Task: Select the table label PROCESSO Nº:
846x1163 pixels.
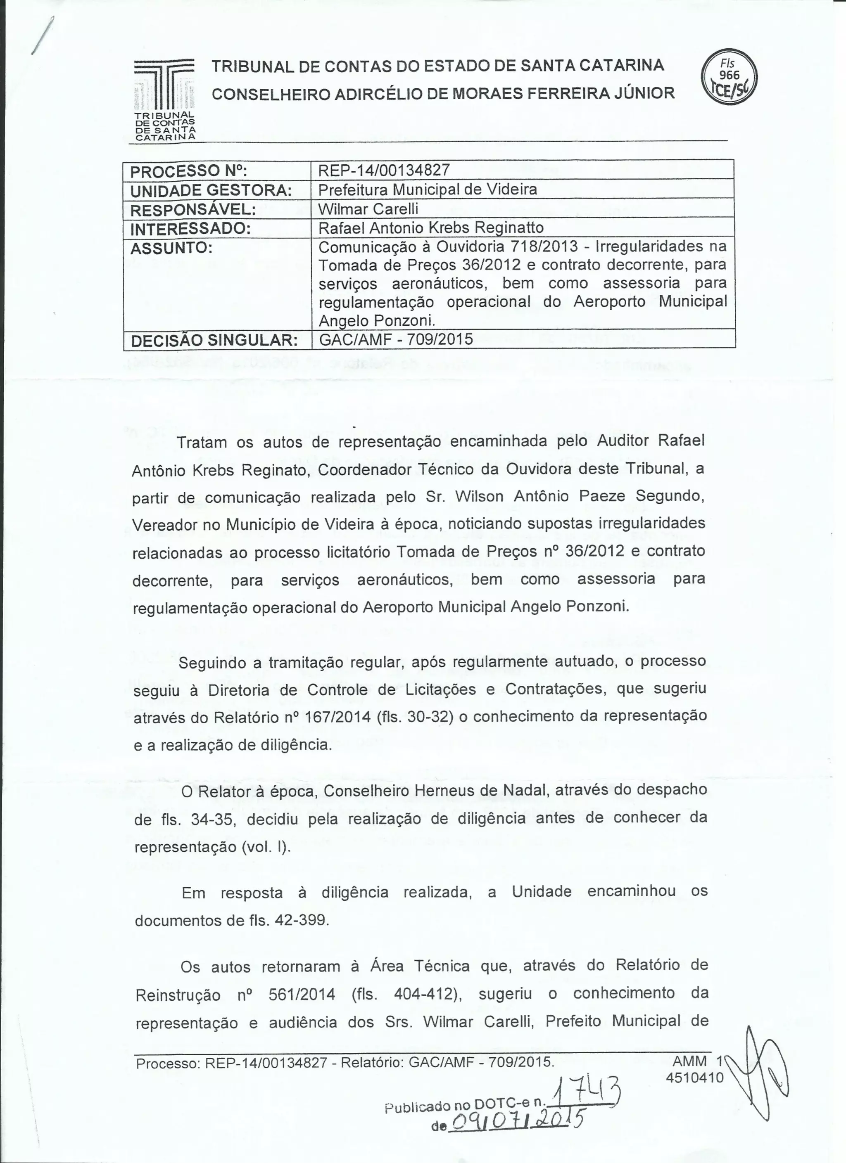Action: pyautogui.click(x=189, y=170)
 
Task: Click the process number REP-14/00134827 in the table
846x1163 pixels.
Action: pyautogui.click(x=384, y=170)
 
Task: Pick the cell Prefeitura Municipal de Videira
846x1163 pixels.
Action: pyautogui.click(x=428, y=189)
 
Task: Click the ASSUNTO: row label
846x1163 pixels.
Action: pyautogui.click(x=171, y=248)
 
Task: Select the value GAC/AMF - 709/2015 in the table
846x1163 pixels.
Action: pyautogui.click(x=396, y=339)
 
